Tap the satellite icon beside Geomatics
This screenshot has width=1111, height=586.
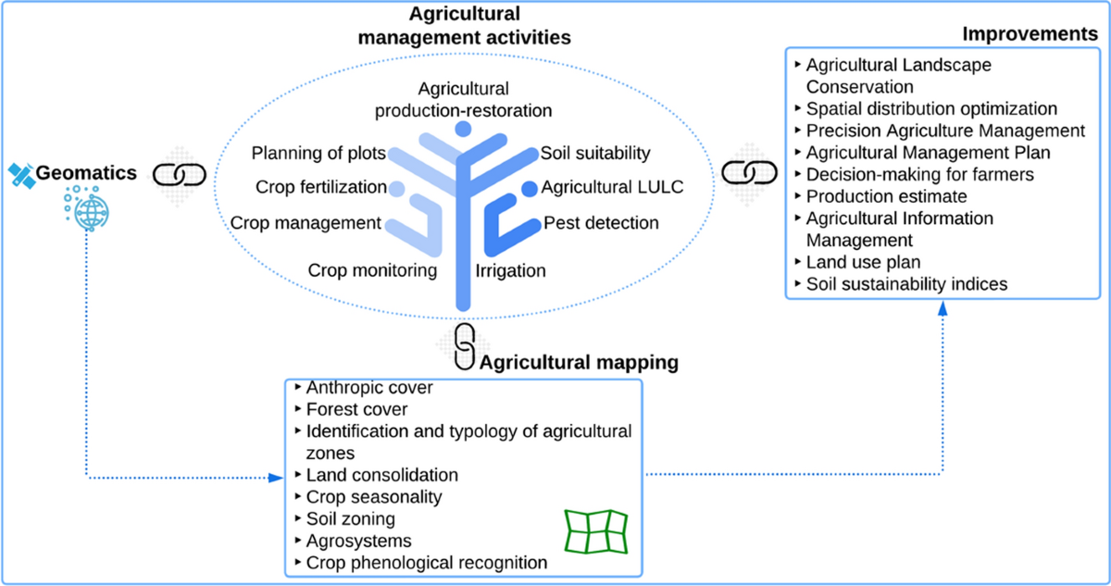pos(21,173)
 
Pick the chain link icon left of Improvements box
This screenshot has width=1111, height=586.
pos(743,173)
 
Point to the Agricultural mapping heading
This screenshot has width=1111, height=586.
pos(578,362)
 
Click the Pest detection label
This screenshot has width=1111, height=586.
pos(601,223)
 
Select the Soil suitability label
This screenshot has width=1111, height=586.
pos(595,153)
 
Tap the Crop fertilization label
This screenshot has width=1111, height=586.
pos(320,188)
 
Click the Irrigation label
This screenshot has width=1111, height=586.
pos(510,271)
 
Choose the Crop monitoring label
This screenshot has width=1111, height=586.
pos(372,270)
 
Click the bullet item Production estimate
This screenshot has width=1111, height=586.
pos(886,196)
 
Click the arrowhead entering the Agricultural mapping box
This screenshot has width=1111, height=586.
pos(275,478)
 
